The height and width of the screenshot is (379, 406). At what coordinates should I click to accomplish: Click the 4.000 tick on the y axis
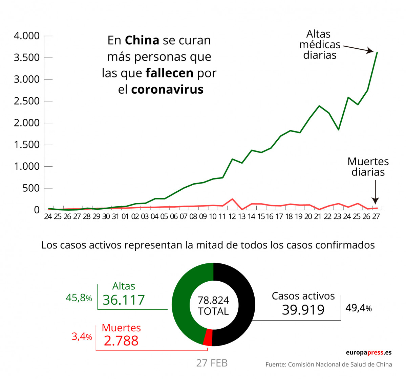pyautogui.click(x=26, y=36)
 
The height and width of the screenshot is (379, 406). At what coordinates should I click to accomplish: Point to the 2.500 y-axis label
pyautogui.click(x=26, y=101)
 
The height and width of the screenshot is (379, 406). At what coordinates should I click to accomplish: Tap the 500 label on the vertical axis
pyautogui.click(x=31, y=188)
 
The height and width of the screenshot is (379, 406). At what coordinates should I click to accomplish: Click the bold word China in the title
pyautogui.click(x=142, y=40)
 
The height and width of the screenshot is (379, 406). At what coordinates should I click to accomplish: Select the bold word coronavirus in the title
pyautogui.click(x=167, y=90)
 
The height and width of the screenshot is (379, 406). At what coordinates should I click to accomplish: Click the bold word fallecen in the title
pyautogui.click(x=169, y=73)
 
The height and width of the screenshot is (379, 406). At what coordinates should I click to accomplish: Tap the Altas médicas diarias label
pyautogui.click(x=319, y=44)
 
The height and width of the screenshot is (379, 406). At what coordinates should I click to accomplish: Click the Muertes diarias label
pyautogui.click(x=368, y=167)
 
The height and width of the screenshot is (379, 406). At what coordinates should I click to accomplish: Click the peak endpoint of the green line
pyautogui.click(x=377, y=52)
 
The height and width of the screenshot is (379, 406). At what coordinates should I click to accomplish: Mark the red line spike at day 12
pyautogui.click(x=232, y=199)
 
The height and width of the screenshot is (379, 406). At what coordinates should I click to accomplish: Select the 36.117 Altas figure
pyautogui.click(x=124, y=300)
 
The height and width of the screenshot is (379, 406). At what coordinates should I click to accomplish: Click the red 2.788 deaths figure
pyautogui.click(x=121, y=340)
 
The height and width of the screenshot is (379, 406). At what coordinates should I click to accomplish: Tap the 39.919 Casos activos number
pyautogui.click(x=303, y=310)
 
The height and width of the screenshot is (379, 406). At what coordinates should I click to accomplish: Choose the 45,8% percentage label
pyautogui.click(x=79, y=298)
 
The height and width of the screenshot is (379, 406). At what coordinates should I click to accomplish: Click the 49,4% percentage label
pyautogui.click(x=359, y=308)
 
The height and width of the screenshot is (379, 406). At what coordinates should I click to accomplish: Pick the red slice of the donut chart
pyautogui.click(x=208, y=337)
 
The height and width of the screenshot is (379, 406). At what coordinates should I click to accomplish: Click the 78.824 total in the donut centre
pyautogui.click(x=213, y=300)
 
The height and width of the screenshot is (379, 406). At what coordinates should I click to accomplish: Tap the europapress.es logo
pyautogui.click(x=368, y=353)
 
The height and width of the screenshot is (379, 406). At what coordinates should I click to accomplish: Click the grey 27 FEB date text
pyautogui.click(x=212, y=363)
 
